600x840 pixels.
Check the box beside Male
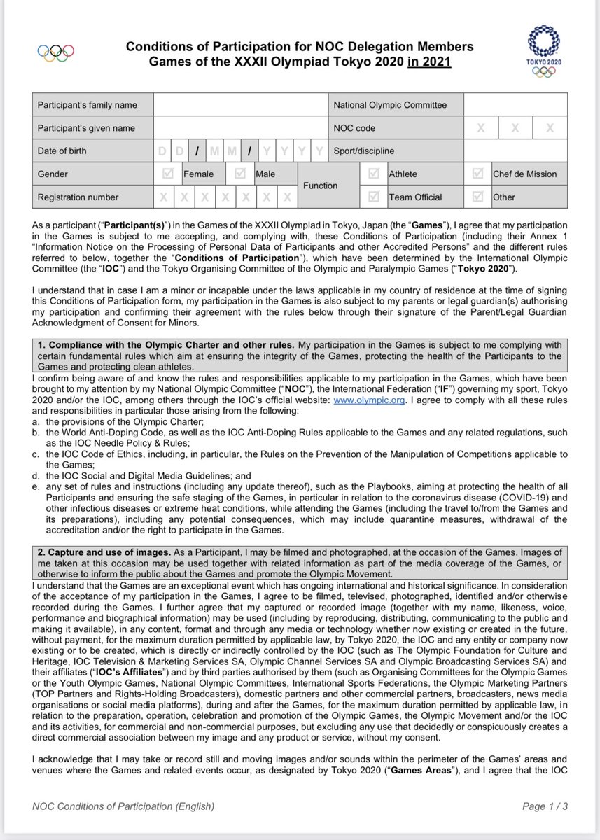coord(240,174)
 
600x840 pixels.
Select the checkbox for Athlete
coord(373,174)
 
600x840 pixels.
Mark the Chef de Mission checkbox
coord(477,174)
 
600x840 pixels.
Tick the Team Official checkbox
coord(373,197)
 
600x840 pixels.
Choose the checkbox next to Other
coord(477,197)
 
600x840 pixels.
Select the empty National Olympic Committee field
coord(515,105)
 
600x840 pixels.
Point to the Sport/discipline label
coord(364,150)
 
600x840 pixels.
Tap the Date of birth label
coord(62,150)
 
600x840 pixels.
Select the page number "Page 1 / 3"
coord(545,806)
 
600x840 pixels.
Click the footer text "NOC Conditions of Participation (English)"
coord(123,806)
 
